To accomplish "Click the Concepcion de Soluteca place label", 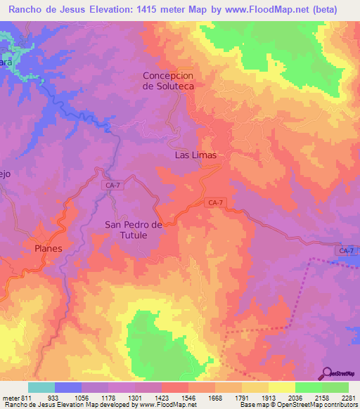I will click(x=168, y=80).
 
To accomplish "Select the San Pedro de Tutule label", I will click(x=134, y=230).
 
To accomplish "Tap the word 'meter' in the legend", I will click(x=11, y=397).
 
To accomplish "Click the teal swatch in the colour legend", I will click(x=41, y=387).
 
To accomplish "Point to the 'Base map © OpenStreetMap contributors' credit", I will click(x=298, y=405).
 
